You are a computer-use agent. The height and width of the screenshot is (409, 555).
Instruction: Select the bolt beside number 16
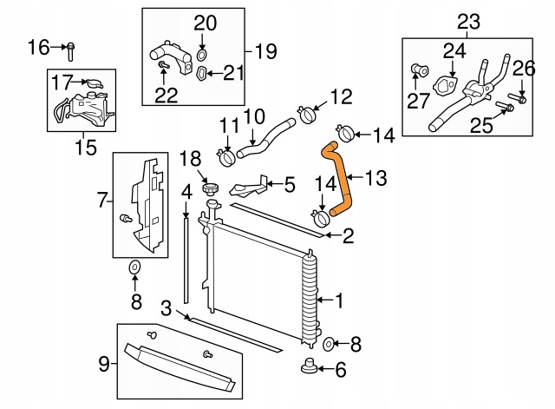(70, 49)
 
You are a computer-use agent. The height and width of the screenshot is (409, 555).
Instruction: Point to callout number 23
(467, 20)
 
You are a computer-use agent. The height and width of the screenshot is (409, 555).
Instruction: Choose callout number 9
(104, 365)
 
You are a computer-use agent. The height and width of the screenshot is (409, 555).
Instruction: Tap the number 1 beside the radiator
(338, 301)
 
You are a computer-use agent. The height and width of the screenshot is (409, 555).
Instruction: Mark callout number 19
(265, 51)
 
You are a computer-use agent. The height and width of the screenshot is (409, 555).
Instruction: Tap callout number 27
(418, 101)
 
